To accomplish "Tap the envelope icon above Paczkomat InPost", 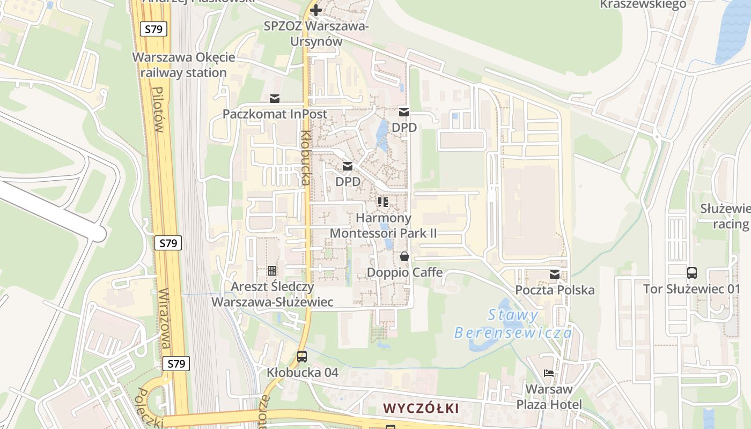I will [x=275, y=99].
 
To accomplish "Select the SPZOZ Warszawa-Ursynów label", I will [x=316, y=33].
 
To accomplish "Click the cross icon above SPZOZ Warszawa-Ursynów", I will [x=316, y=10].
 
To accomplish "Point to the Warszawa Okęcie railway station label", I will [x=183, y=65].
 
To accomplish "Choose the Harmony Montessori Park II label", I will [x=383, y=225].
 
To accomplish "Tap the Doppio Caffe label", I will [x=404, y=272].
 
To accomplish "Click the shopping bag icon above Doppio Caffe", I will [x=404, y=257].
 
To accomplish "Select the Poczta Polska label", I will [x=555, y=290].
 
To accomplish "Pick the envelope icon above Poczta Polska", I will [x=554, y=275].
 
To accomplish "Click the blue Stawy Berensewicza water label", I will [x=513, y=324].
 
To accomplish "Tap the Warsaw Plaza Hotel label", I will [x=549, y=396].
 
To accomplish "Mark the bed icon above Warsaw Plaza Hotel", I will [x=548, y=373].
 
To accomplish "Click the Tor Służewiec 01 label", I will [x=691, y=289].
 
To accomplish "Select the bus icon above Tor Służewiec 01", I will [x=692, y=272].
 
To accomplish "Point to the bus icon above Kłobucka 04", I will [x=302, y=356].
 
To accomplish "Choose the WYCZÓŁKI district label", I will [x=421, y=408].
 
